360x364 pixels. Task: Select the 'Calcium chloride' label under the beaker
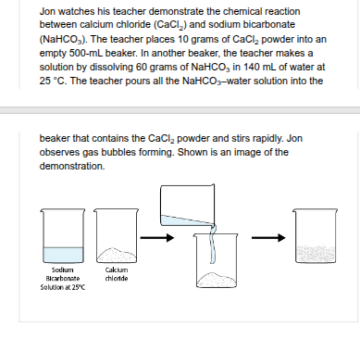coord(116,273)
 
